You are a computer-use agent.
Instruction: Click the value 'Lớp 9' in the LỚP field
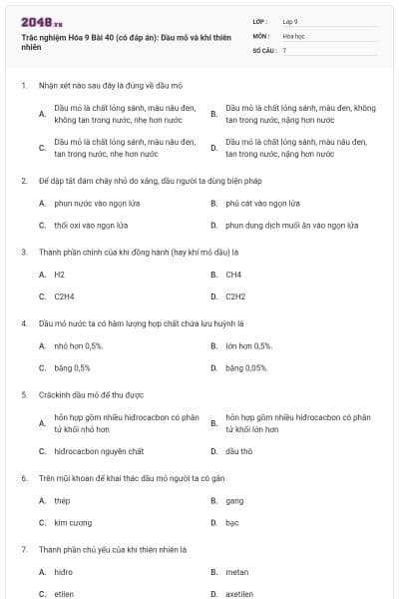[x=290, y=21]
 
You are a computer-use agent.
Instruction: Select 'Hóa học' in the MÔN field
[x=293, y=35]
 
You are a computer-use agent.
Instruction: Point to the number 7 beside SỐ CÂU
[x=284, y=50]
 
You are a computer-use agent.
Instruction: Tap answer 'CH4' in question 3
[x=233, y=274]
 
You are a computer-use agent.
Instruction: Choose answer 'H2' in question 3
[x=60, y=274]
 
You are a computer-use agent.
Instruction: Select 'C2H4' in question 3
[x=65, y=297]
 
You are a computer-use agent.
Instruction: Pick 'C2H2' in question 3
[x=235, y=297]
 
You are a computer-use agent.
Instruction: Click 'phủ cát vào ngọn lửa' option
[x=263, y=203]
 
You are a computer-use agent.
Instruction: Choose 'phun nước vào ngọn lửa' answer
[x=93, y=203]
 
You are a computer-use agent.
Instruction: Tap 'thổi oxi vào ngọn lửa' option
[x=91, y=226]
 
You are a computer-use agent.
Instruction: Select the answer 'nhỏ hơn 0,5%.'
[x=79, y=345]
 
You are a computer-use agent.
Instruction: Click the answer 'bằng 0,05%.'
[x=246, y=368]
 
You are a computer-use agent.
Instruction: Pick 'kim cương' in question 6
[x=74, y=522]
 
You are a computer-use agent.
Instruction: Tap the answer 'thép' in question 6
[x=63, y=500]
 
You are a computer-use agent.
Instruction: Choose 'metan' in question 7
[x=236, y=572]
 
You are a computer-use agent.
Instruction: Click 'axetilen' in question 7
[x=240, y=594]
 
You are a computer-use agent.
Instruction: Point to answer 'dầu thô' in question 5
[x=239, y=451]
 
